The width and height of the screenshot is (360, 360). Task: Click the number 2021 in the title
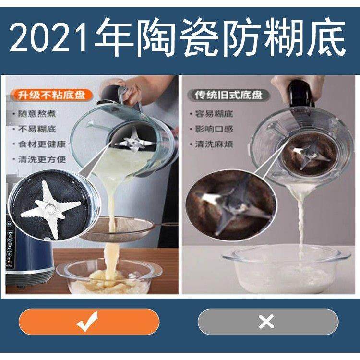50,38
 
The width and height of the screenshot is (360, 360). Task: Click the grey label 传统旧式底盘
229,95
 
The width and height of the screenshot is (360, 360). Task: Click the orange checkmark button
89,321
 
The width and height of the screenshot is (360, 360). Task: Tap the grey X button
267,321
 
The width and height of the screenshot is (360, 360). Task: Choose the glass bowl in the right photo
287,269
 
